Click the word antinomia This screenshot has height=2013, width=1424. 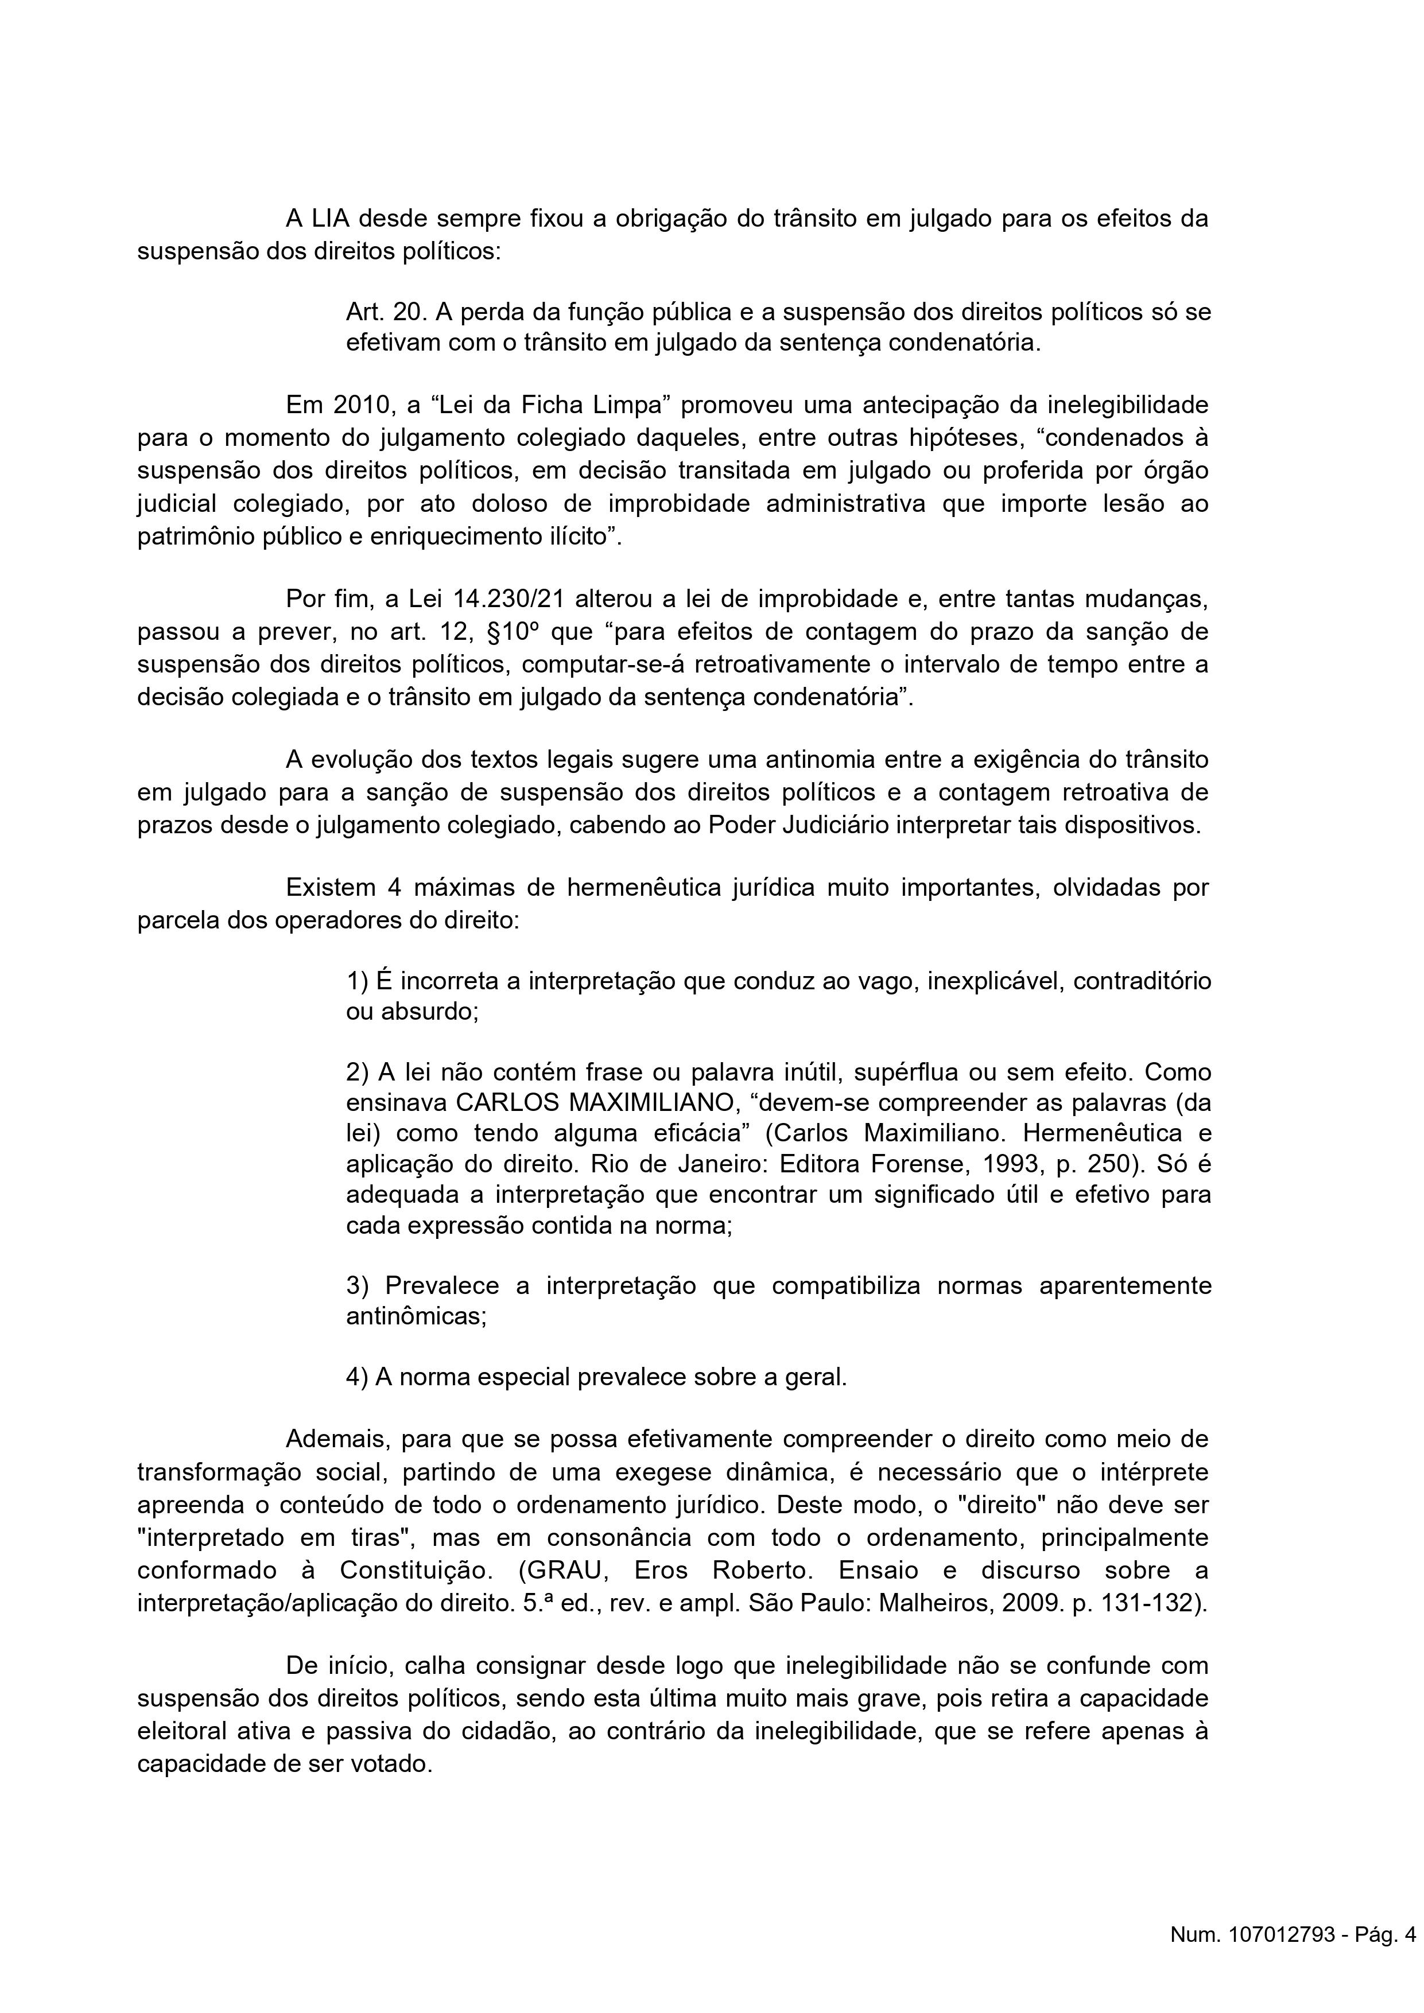coord(803,759)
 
